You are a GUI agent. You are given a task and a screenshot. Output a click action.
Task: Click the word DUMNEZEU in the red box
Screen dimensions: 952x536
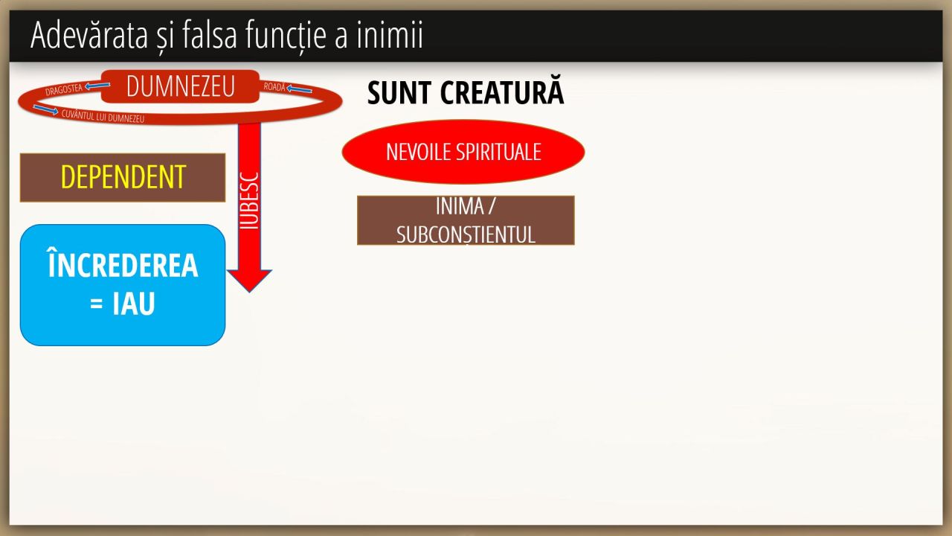pyautogui.click(x=180, y=86)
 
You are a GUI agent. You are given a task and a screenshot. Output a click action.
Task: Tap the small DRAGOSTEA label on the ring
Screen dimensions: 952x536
pyautogui.click(x=64, y=90)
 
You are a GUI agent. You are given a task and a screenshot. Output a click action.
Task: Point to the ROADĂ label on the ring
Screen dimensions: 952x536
pyautogui.click(x=274, y=87)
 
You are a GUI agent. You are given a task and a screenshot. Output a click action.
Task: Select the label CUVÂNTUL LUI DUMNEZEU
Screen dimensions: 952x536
pyautogui.click(x=103, y=116)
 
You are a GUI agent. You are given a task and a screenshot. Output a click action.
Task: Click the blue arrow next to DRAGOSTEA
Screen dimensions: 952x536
pyautogui.click(x=97, y=86)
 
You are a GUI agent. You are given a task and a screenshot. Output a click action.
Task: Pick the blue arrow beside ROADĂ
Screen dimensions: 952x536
pyautogui.click(x=299, y=89)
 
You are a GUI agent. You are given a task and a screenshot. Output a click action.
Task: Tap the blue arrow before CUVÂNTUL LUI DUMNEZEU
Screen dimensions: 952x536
pyautogui.click(x=45, y=109)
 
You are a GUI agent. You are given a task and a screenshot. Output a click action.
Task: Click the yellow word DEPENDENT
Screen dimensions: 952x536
pyautogui.click(x=123, y=176)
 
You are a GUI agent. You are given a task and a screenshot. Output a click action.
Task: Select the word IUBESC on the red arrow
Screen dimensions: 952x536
pyautogui.click(x=249, y=201)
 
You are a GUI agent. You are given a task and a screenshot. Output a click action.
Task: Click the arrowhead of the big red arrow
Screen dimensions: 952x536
pyautogui.click(x=249, y=280)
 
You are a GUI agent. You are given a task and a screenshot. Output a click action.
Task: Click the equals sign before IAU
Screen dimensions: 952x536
pyautogui.click(x=97, y=304)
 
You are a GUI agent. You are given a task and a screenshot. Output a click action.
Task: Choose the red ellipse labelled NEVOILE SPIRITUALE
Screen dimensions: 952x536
pyautogui.click(x=463, y=152)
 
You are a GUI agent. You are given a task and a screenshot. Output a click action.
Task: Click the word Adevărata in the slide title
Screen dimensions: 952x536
pyautogui.click(x=89, y=35)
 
